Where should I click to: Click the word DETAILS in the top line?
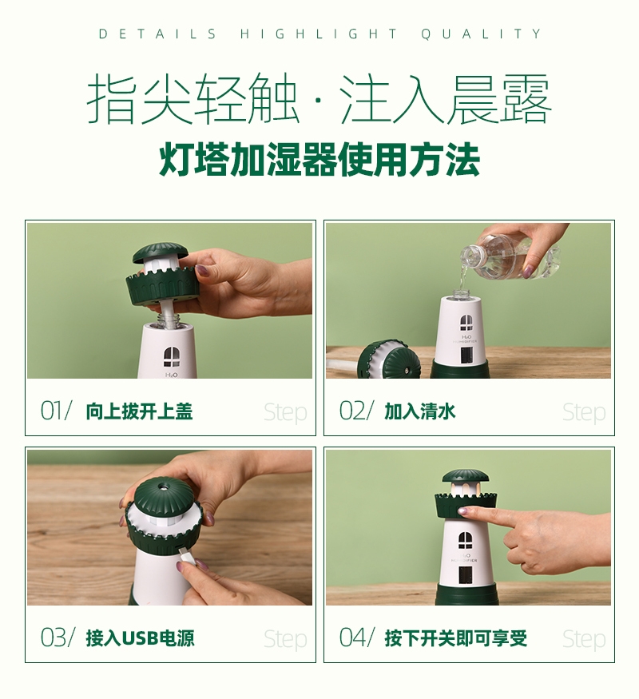coord(157,34)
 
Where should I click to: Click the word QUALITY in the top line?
coord(482,34)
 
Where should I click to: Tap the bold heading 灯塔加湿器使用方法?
coord(319,159)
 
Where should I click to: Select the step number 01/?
coord(56,411)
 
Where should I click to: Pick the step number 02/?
coord(355,411)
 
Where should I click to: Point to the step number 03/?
coord(57,637)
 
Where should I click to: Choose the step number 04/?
coord(355,637)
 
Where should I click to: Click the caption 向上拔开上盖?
coord(139,411)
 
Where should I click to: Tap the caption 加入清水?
coord(420,411)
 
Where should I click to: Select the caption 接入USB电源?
coord(140,638)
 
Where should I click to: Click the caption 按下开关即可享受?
coord(456,638)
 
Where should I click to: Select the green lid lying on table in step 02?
coord(389,359)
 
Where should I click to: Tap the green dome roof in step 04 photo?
coord(466,477)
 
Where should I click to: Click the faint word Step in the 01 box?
coord(285,413)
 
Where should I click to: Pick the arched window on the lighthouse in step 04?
coord(466,540)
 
